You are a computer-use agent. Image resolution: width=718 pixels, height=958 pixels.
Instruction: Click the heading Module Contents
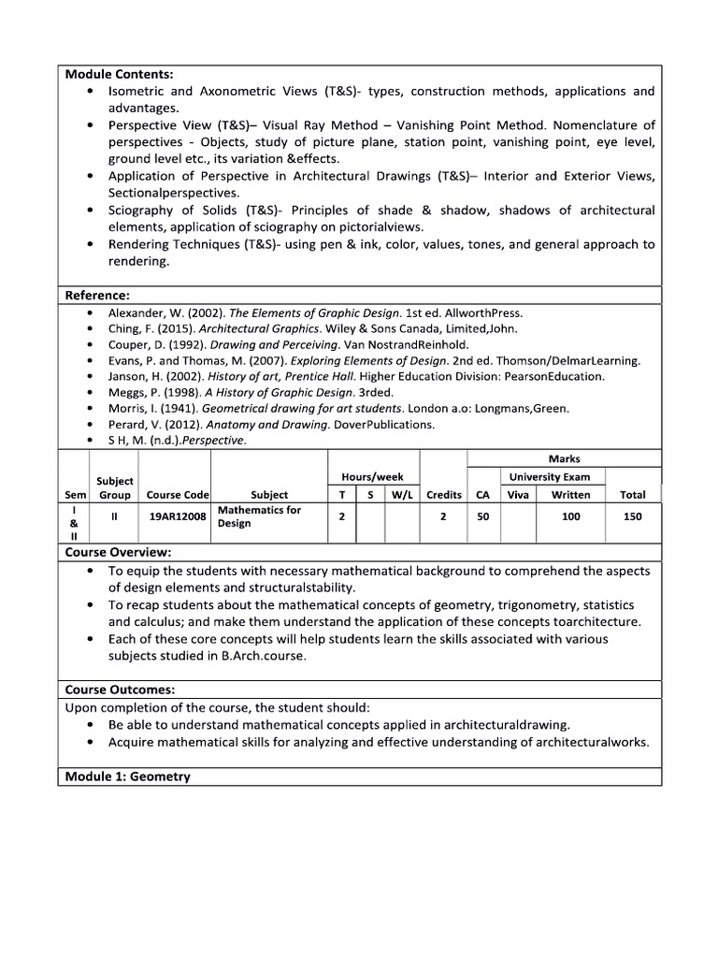tap(119, 74)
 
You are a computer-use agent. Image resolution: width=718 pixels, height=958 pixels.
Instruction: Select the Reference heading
tap(96, 296)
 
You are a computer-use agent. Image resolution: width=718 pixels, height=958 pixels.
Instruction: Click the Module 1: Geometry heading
tap(127, 777)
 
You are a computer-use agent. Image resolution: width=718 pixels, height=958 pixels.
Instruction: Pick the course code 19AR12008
tap(178, 516)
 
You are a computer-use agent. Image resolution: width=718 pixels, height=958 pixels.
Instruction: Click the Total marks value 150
tap(632, 516)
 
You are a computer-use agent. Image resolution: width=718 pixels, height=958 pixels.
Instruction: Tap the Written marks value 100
tap(570, 516)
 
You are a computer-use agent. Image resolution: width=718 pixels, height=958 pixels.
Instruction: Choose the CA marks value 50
tap(482, 516)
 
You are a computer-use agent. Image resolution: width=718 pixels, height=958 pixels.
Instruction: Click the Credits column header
tap(443, 494)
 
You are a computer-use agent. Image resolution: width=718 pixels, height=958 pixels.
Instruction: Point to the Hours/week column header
tap(372, 477)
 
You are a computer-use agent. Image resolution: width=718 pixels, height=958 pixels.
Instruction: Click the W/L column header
tap(402, 494)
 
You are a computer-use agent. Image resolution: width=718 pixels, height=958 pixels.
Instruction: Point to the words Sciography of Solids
tap(167, 210)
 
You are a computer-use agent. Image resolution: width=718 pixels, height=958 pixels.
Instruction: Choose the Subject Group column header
tap(114, 486)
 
